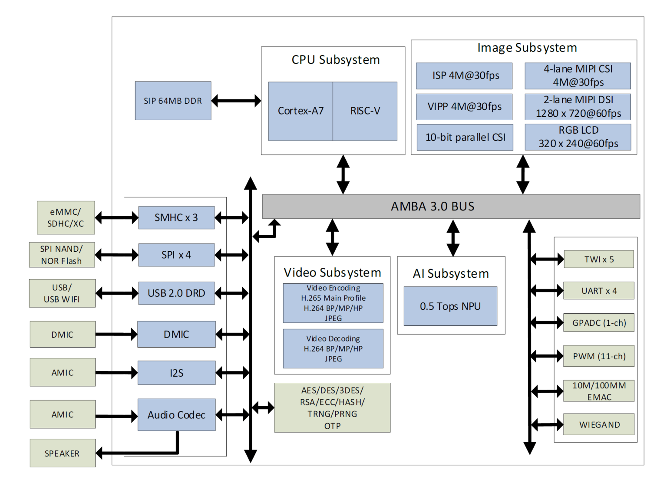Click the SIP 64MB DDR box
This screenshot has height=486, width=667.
(173, 101)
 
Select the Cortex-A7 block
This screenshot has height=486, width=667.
(300, 111)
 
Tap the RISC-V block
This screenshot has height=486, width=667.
(365, 111)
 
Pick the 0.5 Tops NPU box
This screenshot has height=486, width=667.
(450, 306)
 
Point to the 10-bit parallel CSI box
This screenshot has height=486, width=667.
(465, 138)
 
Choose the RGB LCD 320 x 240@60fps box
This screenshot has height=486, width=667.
(578, 137)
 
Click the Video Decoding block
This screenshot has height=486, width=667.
(333, 348)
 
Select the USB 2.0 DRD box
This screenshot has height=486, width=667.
(176, 293)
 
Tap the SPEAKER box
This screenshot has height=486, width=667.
(63, 453)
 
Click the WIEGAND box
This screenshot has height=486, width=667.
(599, 424)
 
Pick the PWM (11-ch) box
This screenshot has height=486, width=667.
(599, 356)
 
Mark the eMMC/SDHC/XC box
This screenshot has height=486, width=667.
(66, 218)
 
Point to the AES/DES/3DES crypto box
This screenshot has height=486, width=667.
(332, 408)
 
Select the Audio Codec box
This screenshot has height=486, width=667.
(176, 415)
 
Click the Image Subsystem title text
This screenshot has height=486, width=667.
(527, 48)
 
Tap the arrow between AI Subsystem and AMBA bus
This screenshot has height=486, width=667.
(453, 238)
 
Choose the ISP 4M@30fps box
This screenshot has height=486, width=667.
(464, 76)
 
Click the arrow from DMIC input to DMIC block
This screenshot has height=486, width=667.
(116, 334)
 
